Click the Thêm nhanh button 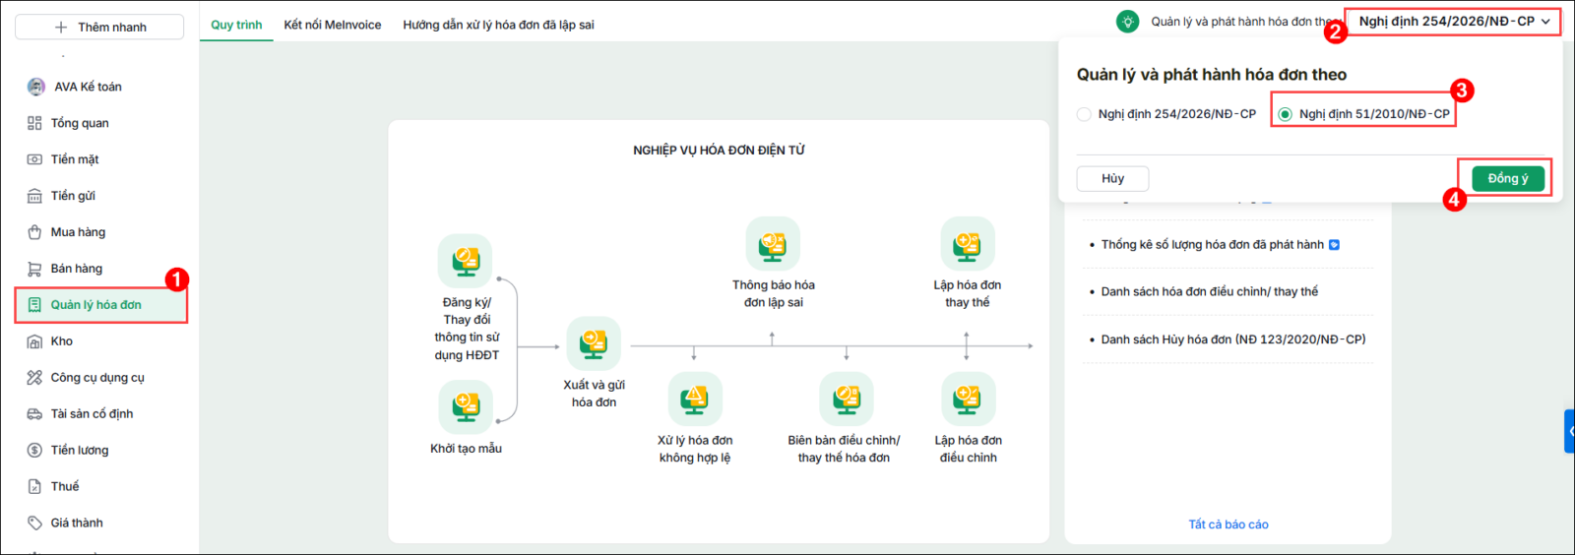click(99, 27)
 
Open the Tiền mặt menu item click(75, 159)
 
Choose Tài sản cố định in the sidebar click(92, 414)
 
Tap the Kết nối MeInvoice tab click(333, 25)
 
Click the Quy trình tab click(236, 25)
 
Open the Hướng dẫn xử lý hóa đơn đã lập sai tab click(498, 25)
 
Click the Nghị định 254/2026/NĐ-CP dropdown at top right click(1453, 22)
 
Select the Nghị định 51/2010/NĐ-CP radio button click(1286, 114)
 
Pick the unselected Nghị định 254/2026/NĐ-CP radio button click(1084, 114)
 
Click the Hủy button click(1112, 178)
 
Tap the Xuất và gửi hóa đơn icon click(595, 343)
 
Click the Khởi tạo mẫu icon click(466, 406)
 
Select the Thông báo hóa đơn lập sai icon click(773, 244)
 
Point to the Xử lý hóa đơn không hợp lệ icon click(695, 400)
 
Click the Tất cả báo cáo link click(1228, 524)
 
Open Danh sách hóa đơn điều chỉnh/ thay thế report click(1210, 291)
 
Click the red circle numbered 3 click(1461, 90)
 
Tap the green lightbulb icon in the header click(1128, 22)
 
